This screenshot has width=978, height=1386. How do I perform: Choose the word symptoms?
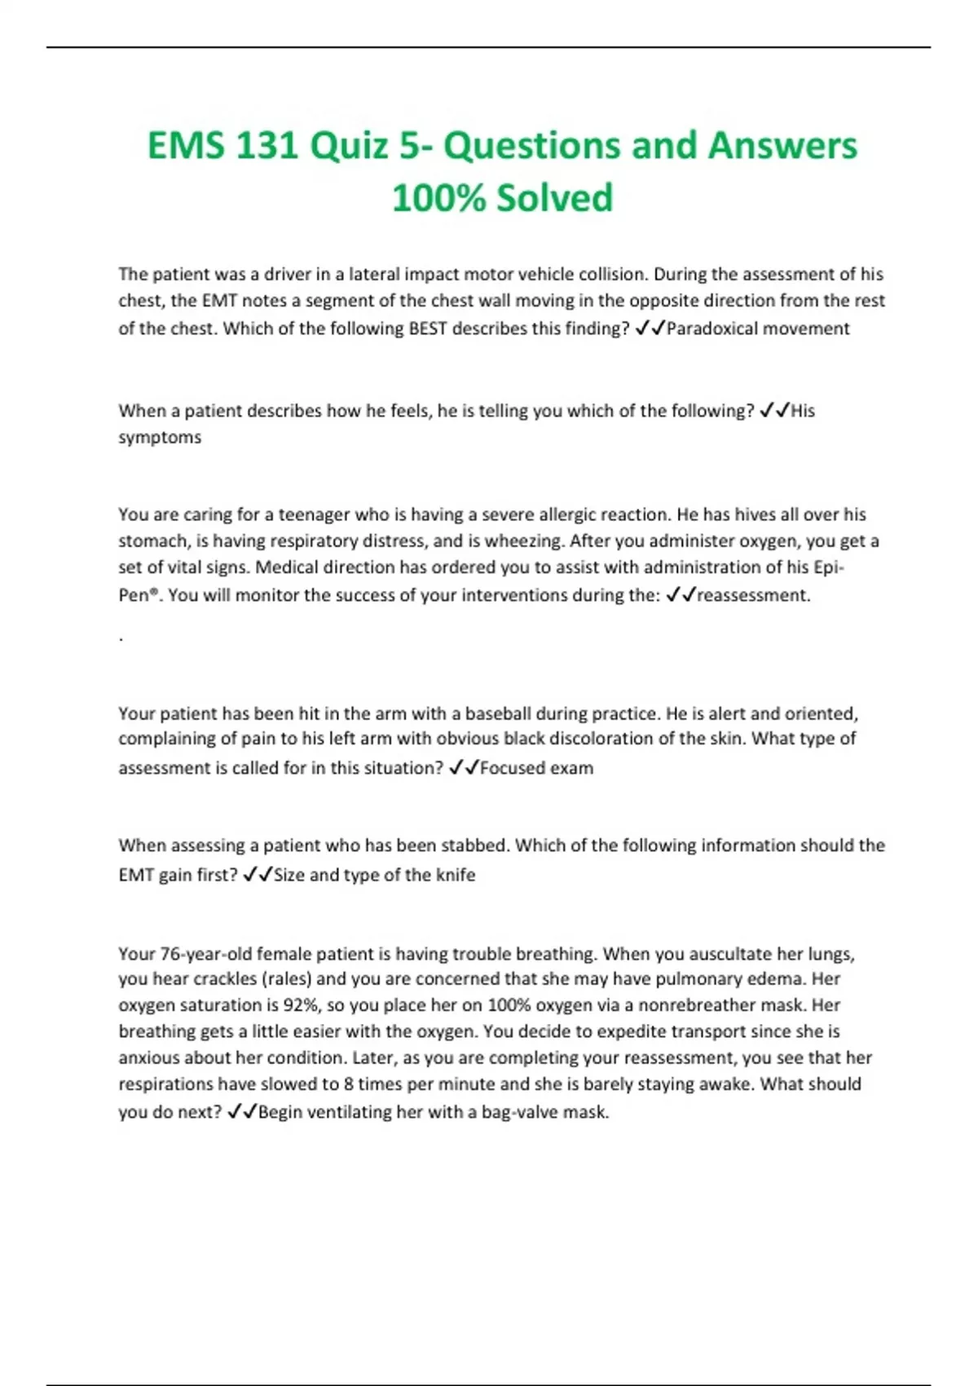[x=160, y=438]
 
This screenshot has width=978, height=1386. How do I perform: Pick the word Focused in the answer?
[x=511, y=768]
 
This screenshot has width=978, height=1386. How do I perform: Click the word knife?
[x=456, y=875]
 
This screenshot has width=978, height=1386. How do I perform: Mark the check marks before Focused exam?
[x=463, y=768]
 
